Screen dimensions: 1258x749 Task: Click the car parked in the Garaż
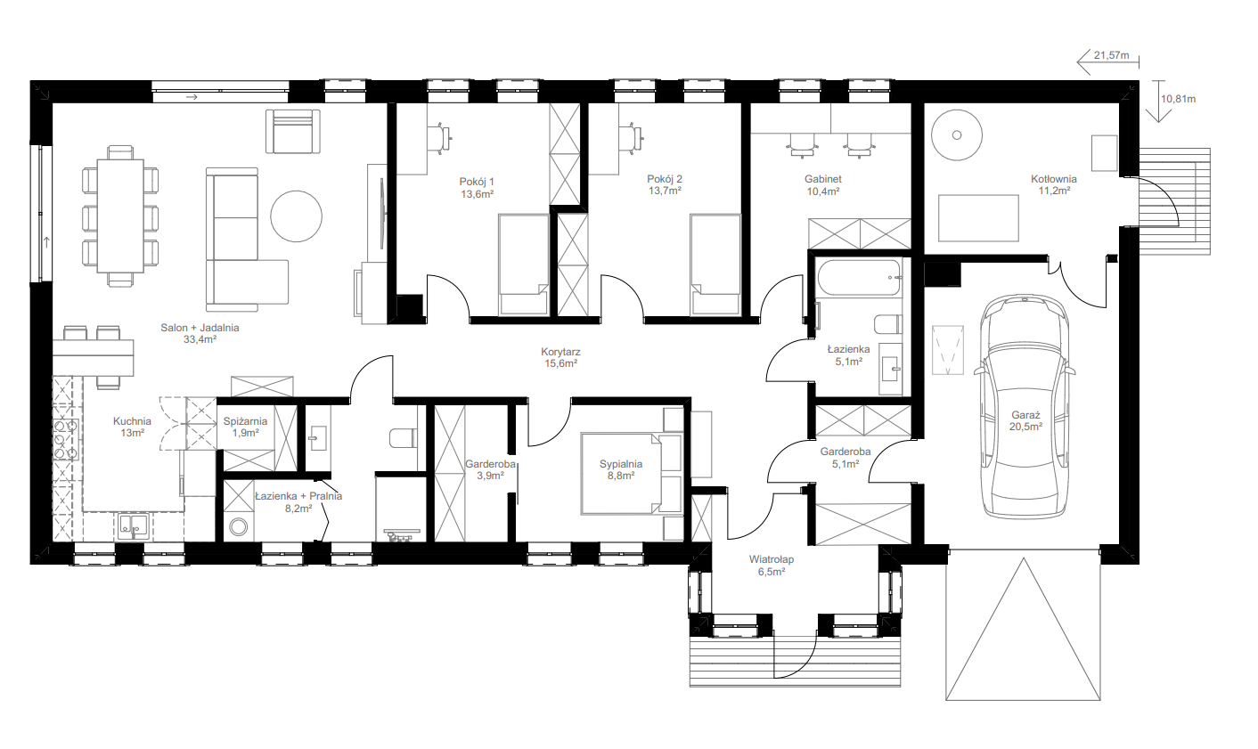[1025, 406]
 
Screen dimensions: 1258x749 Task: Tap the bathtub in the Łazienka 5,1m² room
[859, 278]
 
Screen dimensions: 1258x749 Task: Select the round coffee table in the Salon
[296, 216]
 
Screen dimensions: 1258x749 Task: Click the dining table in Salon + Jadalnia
[120, 216]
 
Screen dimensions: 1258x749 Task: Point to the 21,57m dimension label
[1111, 55]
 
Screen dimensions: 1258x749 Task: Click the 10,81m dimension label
[1178, 99]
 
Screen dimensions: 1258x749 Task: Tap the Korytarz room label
[560, 358]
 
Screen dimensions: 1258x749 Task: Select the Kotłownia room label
[1054, 184]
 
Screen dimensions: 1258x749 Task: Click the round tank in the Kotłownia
[957, 134]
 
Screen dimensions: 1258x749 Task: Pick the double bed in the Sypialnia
[632, 473]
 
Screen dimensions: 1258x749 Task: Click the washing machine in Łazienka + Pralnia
[240, 526]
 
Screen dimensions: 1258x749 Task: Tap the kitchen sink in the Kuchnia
[133, 526]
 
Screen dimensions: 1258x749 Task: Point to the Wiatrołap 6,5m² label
[771, 566]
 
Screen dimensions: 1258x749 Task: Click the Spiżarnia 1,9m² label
[245, 427]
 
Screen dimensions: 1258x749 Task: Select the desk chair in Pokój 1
[439, 136]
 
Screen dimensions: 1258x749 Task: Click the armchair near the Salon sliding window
[292, 132]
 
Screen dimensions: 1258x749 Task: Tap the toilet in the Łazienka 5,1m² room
[887, 324]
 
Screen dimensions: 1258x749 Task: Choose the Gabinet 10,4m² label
[822, 184]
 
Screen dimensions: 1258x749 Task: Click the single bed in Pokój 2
[715, 264]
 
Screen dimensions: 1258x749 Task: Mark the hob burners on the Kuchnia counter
[64, 439]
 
